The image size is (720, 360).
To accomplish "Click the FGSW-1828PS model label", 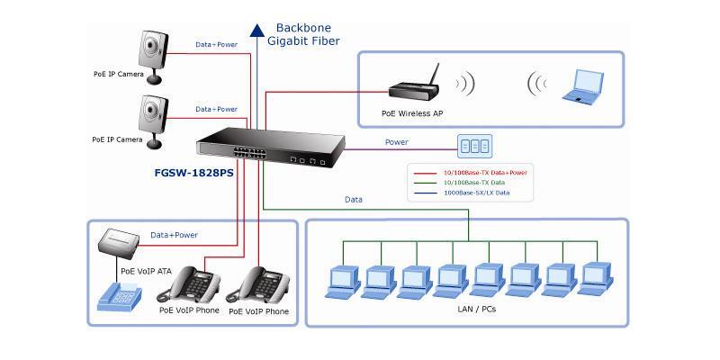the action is point(193,175).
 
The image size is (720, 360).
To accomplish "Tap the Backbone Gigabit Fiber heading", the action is point(303,34).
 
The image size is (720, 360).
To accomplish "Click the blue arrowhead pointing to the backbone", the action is point(256,30).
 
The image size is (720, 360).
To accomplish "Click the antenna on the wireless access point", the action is point(434,75).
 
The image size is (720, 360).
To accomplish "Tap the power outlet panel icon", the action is point(474,147).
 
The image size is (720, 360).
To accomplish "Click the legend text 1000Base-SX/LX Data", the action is point(477,193).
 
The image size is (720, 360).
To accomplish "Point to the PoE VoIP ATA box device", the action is point(119,240).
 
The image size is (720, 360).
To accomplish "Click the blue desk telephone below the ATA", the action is point(120,297).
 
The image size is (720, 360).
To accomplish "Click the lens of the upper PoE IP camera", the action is point(150,45).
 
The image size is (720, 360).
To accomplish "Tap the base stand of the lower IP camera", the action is point(155,144).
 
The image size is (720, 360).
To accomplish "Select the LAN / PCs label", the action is point(477,309).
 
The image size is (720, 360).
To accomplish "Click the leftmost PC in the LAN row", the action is point(343,281).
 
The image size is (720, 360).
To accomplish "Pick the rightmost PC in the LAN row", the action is point(596,279).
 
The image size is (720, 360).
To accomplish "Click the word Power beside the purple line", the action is point(397,142).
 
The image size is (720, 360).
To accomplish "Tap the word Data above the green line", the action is point(354,200).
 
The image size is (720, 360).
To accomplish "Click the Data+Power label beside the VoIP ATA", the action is point(174,235).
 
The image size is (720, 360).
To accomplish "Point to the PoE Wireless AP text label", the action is point(412,113).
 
